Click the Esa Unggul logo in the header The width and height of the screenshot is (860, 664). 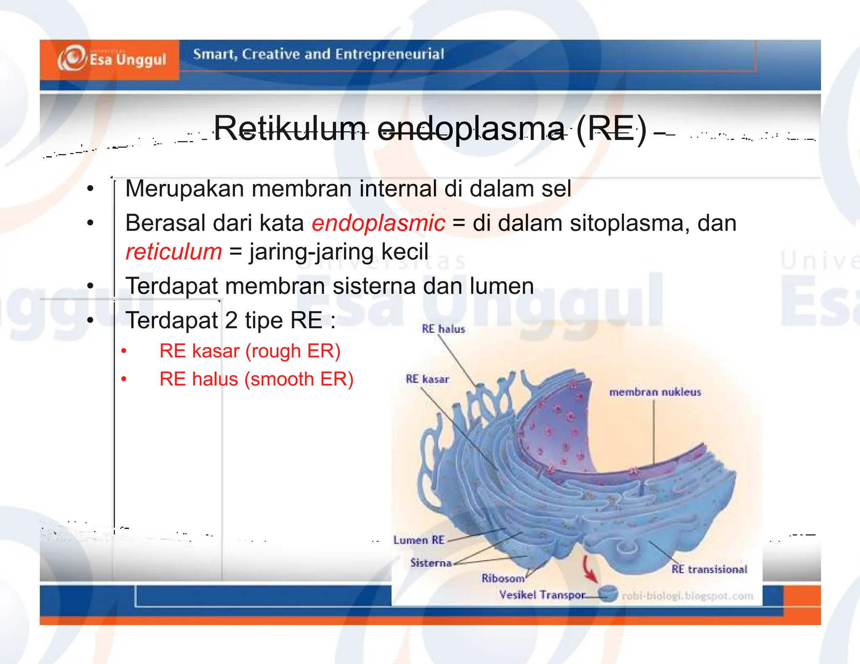tap(112, 59)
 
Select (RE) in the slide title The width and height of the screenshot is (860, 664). tap(611, 129)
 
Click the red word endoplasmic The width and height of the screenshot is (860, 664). tap(378, 223)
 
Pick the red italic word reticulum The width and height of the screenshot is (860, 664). tap(173, 252)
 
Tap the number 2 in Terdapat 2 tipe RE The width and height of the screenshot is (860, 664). tap(231, 320)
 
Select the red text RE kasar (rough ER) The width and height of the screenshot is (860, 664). tap(250, 351)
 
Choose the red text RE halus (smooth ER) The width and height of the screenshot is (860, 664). tap(256, 379)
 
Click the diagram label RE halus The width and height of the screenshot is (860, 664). tap(443, 329)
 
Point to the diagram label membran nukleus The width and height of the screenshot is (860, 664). tap(655, 392)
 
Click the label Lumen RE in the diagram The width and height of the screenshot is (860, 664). tap(418, 540)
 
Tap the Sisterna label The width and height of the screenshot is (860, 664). tap(431, 563)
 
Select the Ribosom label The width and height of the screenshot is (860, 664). tap(503, 578)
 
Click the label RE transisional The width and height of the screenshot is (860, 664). tap(709, 570)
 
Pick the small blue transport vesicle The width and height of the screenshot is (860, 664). tap(607, 594)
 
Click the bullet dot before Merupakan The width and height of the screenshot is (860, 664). tap(90, 188)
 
